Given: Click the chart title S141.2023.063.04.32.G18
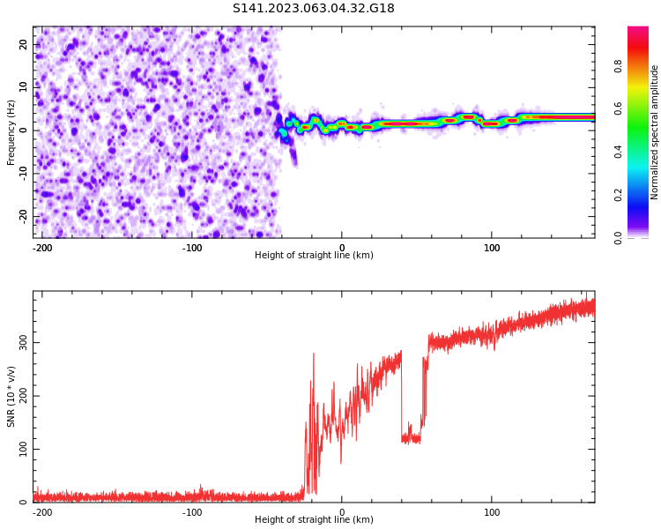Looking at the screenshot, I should [313, 9].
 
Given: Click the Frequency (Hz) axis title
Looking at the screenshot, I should [11, 132].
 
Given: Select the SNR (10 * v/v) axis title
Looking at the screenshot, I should [11, 396].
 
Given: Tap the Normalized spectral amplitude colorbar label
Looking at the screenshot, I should [655, 132].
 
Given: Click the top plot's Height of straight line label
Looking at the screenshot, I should [314, 256].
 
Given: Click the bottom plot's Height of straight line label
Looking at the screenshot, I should [314, 520].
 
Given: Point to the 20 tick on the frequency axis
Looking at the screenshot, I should [24, 45].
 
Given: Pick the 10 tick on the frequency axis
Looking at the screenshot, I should [24, 87].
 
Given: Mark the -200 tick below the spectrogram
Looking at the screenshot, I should [42, 247].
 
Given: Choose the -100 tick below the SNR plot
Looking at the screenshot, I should [192, 512].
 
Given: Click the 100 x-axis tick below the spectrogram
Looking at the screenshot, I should [492, 247].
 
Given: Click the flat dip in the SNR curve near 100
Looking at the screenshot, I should [411, 437].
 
